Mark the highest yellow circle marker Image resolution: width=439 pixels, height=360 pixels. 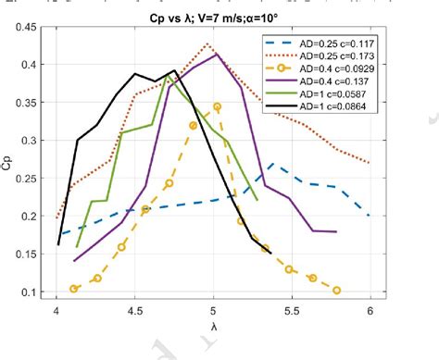pos(217,106)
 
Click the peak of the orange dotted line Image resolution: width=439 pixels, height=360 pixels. pos(207,44)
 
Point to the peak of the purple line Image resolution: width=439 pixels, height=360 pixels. pos(216,55)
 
